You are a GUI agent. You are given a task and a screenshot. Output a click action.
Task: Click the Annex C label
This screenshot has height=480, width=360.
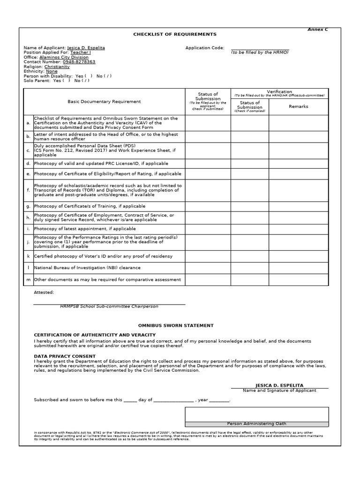317,30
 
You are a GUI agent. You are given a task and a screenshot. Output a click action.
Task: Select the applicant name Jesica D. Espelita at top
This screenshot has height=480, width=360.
86,48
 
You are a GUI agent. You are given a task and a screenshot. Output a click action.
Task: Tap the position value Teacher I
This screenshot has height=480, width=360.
81,52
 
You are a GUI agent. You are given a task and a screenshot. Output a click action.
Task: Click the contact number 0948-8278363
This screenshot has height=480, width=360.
79,62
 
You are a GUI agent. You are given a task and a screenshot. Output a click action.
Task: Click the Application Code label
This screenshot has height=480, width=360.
205,48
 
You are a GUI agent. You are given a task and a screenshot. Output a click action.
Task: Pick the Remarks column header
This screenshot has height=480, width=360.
299,106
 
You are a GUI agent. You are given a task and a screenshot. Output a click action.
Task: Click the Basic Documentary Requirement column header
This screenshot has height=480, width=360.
104,102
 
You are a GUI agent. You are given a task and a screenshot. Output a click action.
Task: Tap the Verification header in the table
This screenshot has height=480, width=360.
279,91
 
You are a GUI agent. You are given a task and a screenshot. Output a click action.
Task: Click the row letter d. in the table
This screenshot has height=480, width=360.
28,164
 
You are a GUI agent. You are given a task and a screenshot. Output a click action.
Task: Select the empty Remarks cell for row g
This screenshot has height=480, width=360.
299,206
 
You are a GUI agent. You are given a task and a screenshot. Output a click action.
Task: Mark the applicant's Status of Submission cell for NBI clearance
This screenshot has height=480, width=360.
208,268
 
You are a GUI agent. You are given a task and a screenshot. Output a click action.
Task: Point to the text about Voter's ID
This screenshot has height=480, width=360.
103,256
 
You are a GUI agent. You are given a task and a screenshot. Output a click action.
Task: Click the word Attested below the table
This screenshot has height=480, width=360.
44,292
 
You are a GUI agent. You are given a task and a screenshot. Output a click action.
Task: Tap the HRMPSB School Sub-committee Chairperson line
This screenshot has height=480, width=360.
109,307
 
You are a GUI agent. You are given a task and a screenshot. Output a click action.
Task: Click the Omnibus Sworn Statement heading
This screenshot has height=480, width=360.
175,325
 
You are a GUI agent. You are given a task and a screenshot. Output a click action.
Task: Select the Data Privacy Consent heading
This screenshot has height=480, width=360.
65,356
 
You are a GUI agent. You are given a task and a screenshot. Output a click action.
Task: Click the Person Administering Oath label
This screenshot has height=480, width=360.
256,423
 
